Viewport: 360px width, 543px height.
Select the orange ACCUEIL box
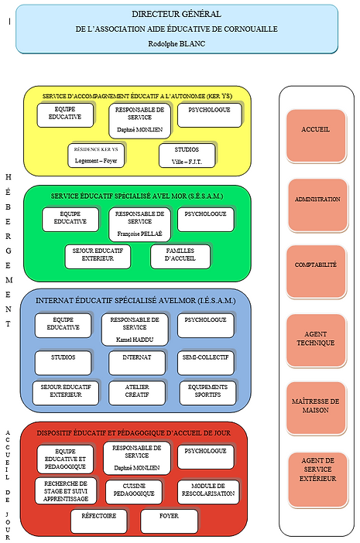pyautogui.click(x=315, y=130)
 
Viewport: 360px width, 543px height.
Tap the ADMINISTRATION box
pyautogui.click(x=317, y=200)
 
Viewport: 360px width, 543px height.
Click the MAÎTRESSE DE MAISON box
pyautogui.click(x=315, y=405)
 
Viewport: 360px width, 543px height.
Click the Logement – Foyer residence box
pyautogui.click(x=96, y=155)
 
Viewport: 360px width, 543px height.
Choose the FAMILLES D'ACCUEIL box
pyautogui.click(x=180, y=255)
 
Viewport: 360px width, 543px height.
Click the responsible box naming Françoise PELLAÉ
pyautogui.click(x=139, y=222)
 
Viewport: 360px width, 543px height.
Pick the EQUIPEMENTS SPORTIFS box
pyautogui.click(x=207, y=391)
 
